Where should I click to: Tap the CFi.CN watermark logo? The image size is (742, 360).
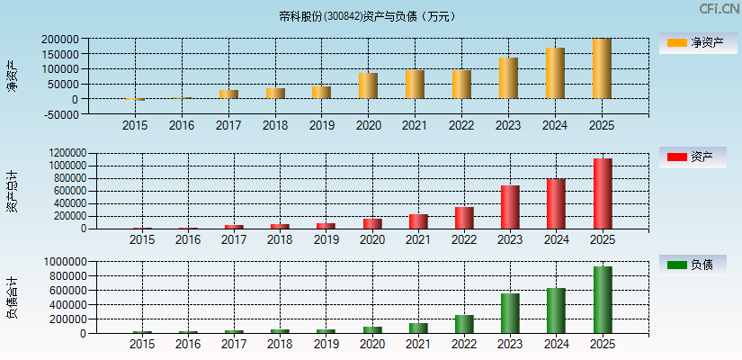click(719, 9)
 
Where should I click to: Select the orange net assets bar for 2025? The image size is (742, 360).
click(602, 68)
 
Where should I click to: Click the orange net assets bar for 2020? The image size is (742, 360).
click(368, 85)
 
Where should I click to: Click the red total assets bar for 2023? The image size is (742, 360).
click(510, 207)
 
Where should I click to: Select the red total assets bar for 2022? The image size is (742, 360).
click(464, 218)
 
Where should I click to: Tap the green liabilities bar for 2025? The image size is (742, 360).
click(603, 300)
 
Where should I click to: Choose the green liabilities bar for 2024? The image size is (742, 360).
click(556, 310)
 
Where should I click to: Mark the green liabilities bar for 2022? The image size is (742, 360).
click(464, 324)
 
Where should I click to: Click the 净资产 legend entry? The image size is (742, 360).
click(693, 43)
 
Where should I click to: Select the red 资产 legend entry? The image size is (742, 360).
click(693, 157)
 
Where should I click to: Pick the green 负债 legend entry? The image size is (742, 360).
click(693, 265)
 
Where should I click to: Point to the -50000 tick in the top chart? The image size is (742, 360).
click(59, 114)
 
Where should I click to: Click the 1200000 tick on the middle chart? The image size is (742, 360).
click(63, 153)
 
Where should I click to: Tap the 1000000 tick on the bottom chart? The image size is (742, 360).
click(63, 262)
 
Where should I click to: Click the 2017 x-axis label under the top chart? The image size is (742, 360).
click(228, 126)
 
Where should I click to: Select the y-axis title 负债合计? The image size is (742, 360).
click(12, 298)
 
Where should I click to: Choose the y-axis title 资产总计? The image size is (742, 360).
click(12, 191)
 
